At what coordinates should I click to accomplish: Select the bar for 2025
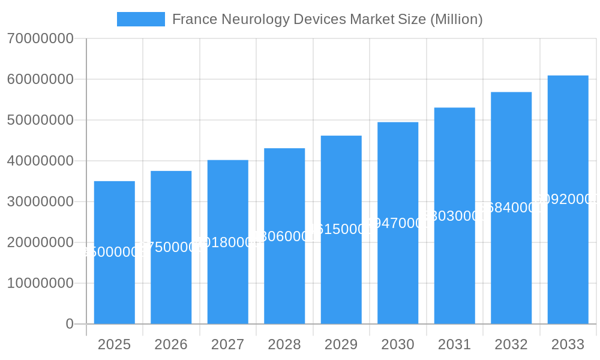point(115,282)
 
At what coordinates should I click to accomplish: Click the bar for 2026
point(171,282)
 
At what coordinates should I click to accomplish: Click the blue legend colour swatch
point(140,19)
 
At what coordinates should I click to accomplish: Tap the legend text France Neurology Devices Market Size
point(327,19)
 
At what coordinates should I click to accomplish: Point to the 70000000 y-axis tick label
point(40,39)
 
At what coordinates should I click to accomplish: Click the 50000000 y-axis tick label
point(40,120)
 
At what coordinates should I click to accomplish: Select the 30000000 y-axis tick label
point(40,202)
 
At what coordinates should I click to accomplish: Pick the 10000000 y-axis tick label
point(40,283)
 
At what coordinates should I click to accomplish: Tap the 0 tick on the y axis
point(70,324)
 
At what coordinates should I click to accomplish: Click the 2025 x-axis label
point(115,344)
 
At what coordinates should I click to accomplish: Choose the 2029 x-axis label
point(341,344)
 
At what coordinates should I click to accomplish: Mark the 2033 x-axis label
point(568,344)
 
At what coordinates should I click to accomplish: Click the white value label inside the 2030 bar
point(398,223)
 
